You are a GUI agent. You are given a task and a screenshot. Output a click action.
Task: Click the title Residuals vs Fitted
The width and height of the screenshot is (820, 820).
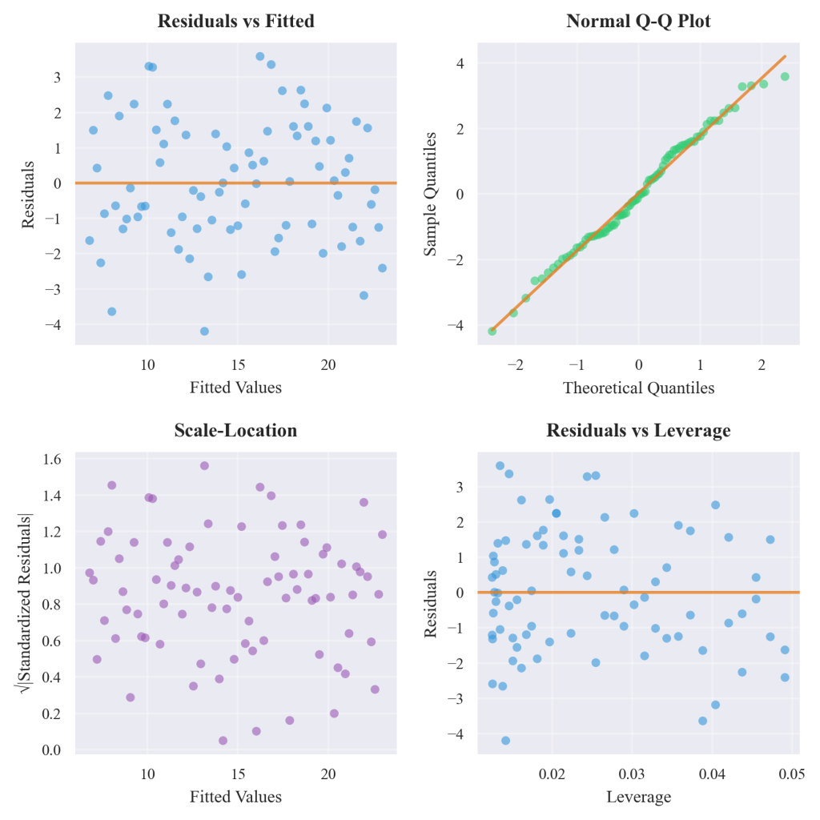235,22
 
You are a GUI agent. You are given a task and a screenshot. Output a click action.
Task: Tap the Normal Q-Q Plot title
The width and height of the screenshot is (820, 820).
638,22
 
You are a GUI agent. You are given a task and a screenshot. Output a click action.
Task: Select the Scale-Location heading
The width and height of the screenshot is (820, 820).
235,431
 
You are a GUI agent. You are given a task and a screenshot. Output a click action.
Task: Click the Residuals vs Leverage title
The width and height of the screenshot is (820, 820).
638,431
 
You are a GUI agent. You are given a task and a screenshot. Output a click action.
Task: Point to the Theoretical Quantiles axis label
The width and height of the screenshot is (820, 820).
638,388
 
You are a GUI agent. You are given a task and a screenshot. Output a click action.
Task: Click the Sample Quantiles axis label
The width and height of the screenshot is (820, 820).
431,193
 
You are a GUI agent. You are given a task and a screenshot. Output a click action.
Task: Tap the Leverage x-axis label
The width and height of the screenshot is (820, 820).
638,797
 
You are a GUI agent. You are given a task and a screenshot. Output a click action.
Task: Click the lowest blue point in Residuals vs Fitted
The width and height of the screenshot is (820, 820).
204,331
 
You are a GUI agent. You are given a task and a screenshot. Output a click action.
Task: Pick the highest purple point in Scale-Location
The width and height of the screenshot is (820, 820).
204,465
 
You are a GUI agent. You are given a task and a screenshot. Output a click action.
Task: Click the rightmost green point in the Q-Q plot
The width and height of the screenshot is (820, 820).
785,77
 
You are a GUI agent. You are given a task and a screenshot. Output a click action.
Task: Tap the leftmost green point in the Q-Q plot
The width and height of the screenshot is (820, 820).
492,331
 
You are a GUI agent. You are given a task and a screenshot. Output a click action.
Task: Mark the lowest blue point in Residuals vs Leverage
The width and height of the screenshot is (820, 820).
505,740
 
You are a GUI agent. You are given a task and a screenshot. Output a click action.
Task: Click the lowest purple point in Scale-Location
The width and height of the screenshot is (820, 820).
223,740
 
